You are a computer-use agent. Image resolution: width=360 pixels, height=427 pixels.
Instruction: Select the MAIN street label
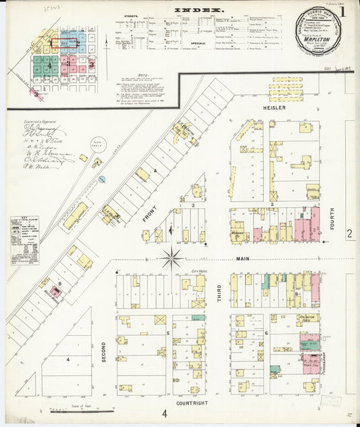coord(242,259)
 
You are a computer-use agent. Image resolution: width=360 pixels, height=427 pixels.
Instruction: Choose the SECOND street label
coord(104,351)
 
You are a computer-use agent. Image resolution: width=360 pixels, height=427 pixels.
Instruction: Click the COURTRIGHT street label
coord(192,403)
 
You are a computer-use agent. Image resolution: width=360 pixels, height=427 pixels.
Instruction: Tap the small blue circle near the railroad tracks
coord(102,179)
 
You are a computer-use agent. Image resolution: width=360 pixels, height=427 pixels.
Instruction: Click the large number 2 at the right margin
coord(350,233)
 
